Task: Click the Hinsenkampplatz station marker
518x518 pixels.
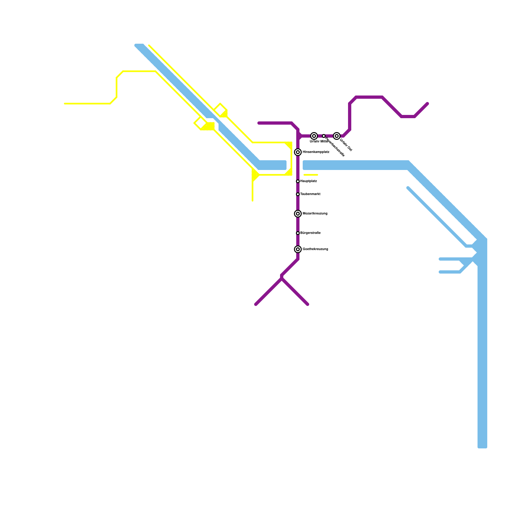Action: tap(298, 152)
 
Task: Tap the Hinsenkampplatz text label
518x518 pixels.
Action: tap(316, 152)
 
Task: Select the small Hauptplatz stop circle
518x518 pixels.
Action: tap(298, 181)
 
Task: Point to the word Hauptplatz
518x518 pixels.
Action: tap(309, 181)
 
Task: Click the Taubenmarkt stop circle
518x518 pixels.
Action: tap(298, 194)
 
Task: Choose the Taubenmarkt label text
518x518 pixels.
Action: tap(310, 194)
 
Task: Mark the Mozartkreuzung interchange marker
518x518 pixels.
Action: tap(298, 214)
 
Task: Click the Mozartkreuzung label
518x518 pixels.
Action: tap(315, 214)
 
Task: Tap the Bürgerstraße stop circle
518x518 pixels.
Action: tap(298, 233)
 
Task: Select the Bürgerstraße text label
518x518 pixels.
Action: tap(310, 233)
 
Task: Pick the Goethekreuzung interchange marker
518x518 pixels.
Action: tap(298, 249)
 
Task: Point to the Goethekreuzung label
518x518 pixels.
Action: tap(315, 249)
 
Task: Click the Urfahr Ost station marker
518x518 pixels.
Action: tap(337, 136)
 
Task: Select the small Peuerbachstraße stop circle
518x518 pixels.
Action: tap(324, 136)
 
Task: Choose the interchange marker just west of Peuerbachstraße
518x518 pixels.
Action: tap(314, 136)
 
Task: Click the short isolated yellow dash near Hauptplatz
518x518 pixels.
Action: tap(311, 175)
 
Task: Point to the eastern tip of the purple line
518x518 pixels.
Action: tap(428, 104)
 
